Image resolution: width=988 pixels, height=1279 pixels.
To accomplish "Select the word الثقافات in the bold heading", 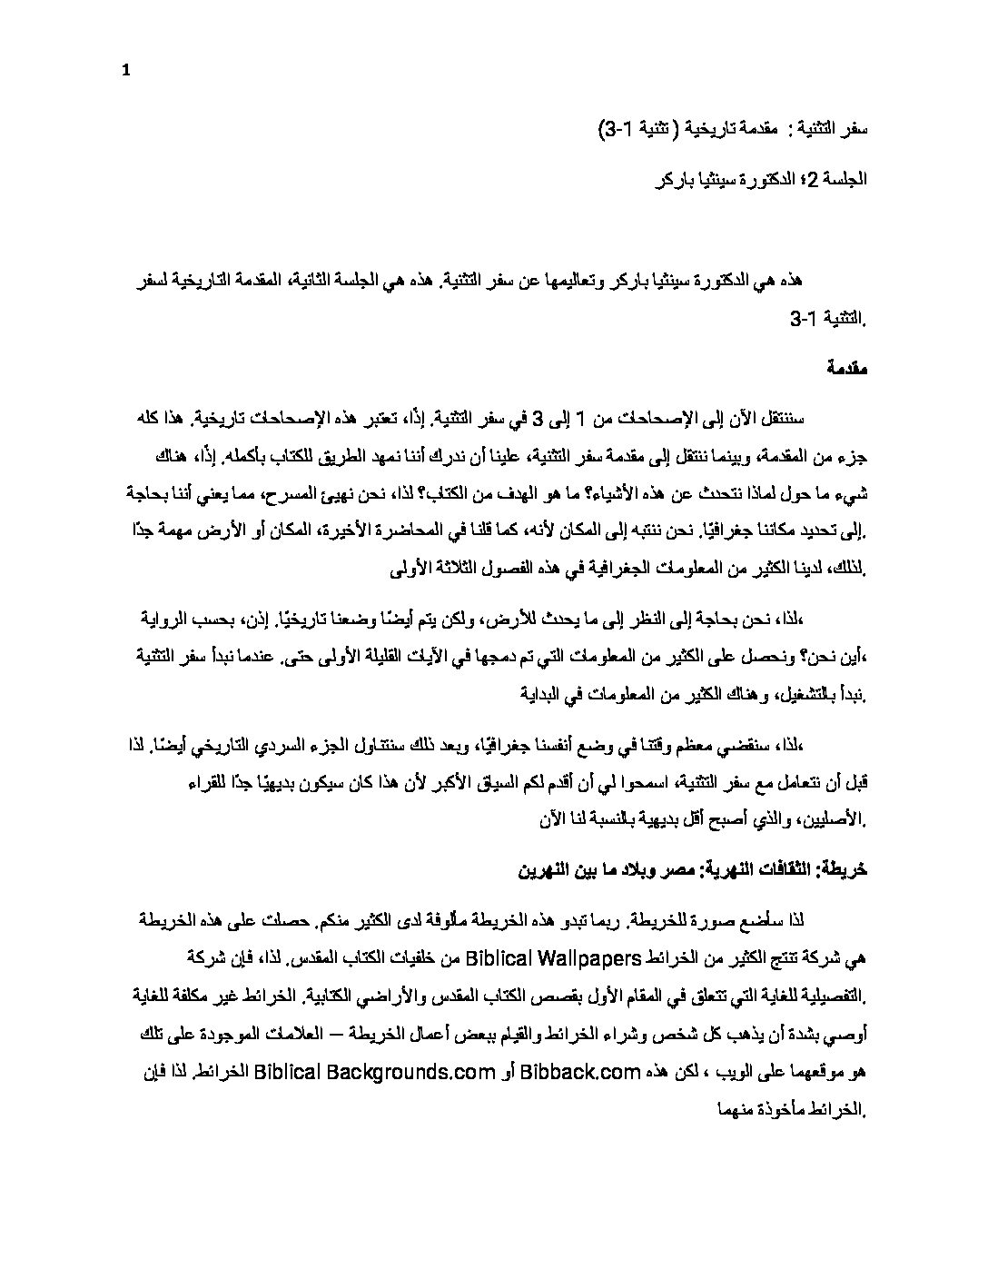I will coord(779,869).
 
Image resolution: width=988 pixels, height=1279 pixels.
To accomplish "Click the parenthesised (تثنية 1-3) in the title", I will coord(636,132).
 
